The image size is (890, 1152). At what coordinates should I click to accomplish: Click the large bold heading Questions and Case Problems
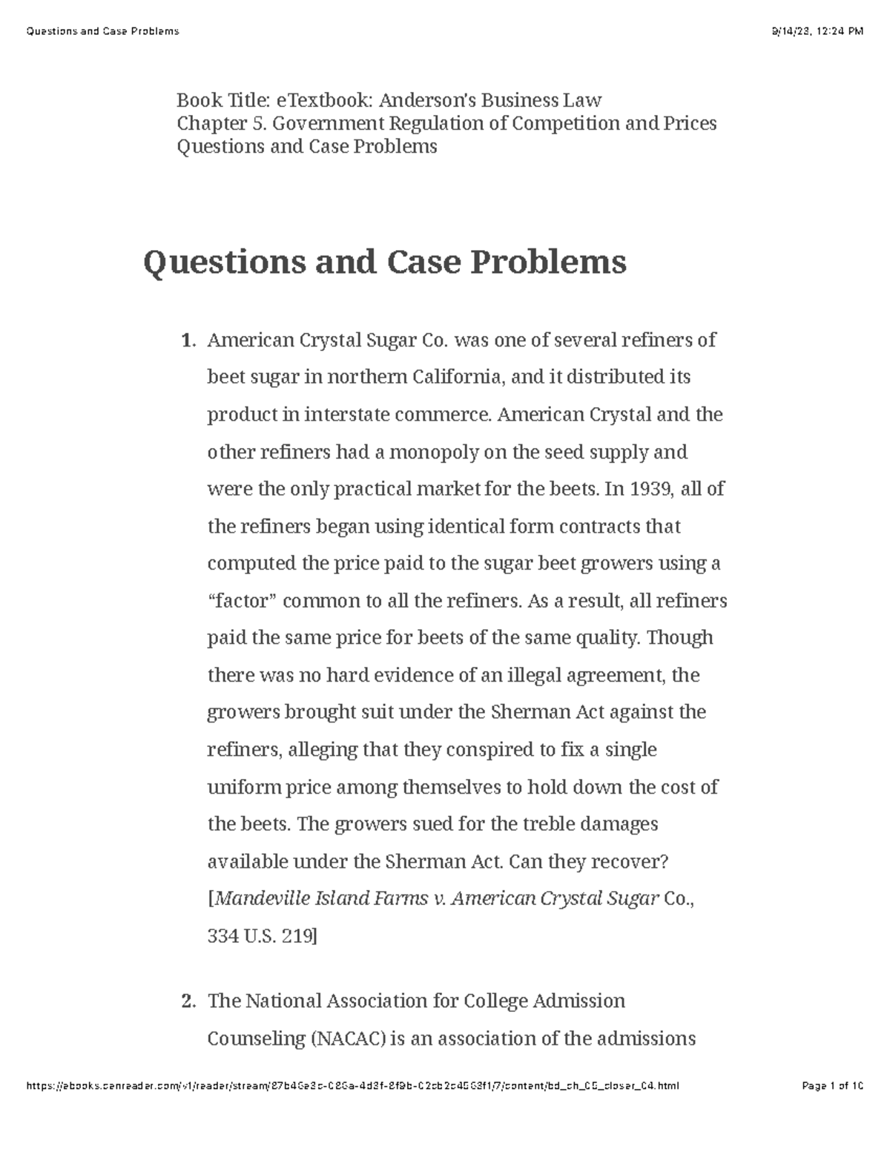pos(384,263)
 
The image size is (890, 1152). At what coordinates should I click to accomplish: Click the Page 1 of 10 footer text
pos(833,1087)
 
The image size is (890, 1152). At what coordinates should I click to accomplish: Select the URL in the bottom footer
pos(352,1087)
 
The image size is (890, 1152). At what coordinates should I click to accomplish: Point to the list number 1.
pos(188,341)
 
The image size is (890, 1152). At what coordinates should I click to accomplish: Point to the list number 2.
pos(188,1001)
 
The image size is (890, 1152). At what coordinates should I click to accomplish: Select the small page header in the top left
pos(102,31)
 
